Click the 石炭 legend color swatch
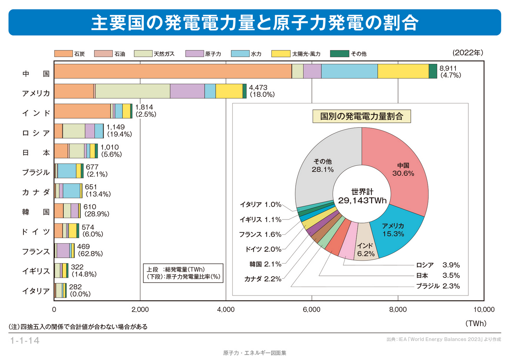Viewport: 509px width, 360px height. tap(63, 54)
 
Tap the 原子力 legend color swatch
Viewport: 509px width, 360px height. tap(194, 54)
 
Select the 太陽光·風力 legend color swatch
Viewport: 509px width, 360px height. tap(281, 54)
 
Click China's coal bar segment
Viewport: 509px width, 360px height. tap(173, 71)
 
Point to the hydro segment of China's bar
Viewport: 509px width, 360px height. tap(349, 71)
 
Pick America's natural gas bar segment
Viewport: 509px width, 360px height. tap(132, 91)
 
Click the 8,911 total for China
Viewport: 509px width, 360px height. tap(448, 68)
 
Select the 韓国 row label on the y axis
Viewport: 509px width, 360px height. tap(36, 212)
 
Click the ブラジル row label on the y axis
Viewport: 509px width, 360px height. tap(36, 172)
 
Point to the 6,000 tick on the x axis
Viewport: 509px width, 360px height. tap(312, 309)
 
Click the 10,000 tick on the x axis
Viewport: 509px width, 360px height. tap(484, 309)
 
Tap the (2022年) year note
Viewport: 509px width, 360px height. tap(468, 53)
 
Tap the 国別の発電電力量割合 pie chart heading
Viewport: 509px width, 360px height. tap(362, 116)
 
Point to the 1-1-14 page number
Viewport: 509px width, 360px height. tap(25, 341)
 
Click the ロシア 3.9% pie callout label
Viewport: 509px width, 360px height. tap(438, 265)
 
